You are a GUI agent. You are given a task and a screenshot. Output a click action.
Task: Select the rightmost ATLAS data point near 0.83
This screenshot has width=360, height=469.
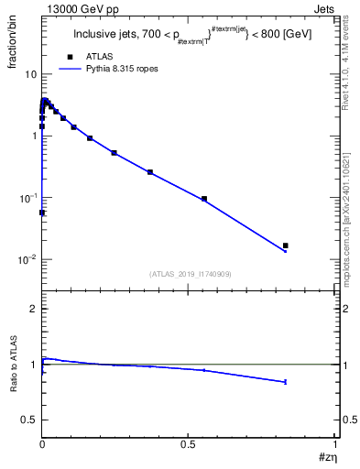(x=286, y=245)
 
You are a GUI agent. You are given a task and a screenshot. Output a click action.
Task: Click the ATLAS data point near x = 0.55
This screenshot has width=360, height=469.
(x=204, y=199)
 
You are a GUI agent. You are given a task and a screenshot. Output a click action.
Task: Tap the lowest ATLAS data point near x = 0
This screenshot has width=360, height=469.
(x=42, y=213)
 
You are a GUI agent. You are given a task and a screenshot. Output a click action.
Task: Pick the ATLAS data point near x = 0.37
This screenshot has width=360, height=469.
(x=150, y=172)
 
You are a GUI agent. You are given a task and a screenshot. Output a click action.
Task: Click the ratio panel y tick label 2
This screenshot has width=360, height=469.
(x=32, y=309)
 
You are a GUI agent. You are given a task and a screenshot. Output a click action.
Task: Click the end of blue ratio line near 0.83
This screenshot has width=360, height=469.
(x=286, y=382)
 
